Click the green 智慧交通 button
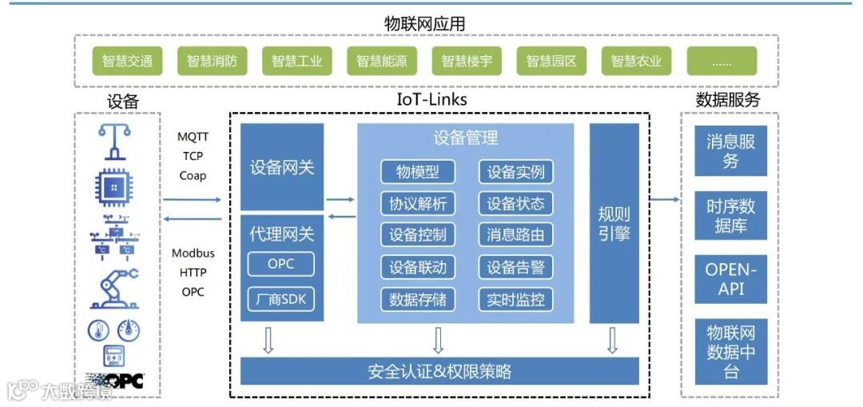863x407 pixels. click(x=127, y=61)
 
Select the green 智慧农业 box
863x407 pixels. click(x=636, y=61)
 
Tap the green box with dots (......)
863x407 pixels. click(x=722, y=61)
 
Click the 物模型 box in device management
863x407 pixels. click(x=417, y=172)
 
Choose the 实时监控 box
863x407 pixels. click(x=515, y=300)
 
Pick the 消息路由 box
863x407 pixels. click(x=515, y=235)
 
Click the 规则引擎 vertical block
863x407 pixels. click(x=614, y=223)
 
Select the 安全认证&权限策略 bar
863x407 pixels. click(x=439, y=372)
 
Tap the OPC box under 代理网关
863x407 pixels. click(x=280, y=264)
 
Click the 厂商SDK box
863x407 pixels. click(x=280, y=300)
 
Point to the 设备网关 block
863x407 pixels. click(x=282, y=167)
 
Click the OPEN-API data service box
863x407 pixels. click(x=730, y=279)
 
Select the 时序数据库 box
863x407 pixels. click(x=730, y=216)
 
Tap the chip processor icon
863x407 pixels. click(x=114, y=186)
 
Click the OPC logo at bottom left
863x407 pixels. click(x=115, y=381)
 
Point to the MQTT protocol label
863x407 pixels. click(x=193, y=138)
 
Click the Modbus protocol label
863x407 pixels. click(x=193, y=253)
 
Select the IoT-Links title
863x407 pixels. click(x=431, y=100)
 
